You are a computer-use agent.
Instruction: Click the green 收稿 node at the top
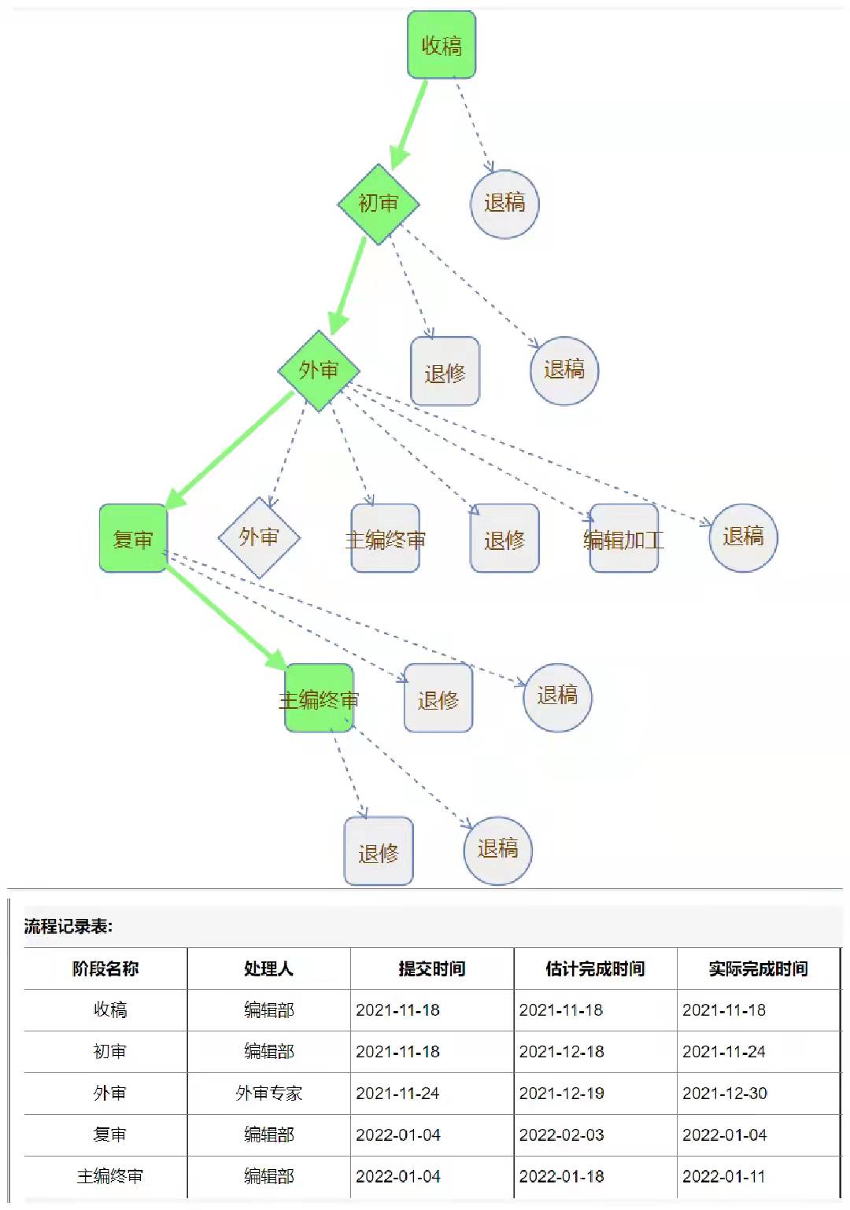(x=442, y=45)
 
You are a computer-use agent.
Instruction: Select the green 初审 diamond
(x=379, y=204)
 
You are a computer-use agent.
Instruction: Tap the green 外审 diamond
(x=319, y=370)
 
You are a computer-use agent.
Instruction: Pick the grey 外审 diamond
(x=259, y=537)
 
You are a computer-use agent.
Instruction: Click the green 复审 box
(x=133, y=539)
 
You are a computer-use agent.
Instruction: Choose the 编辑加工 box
(x=623, y=539)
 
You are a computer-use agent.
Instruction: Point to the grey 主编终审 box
(x=385, y=539)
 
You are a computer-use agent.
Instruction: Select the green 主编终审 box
(x=319, y=699)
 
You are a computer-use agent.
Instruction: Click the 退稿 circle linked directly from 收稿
(x=504, y=204)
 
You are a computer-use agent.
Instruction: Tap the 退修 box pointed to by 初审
(x=445, y=372)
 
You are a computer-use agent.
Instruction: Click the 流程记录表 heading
(x=68, y=926)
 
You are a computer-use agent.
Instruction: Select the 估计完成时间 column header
(x=595, y=968)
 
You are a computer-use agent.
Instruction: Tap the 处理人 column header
(x=268, y=968)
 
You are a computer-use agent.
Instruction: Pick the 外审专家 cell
(x=268, y=1094)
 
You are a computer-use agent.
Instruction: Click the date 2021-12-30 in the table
(x=725, y=1094)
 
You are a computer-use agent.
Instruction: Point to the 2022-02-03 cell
(x=562, y=1135)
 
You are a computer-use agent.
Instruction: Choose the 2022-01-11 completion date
(x=724, y=1177)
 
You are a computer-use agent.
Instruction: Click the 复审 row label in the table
(x=109, y=1135)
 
